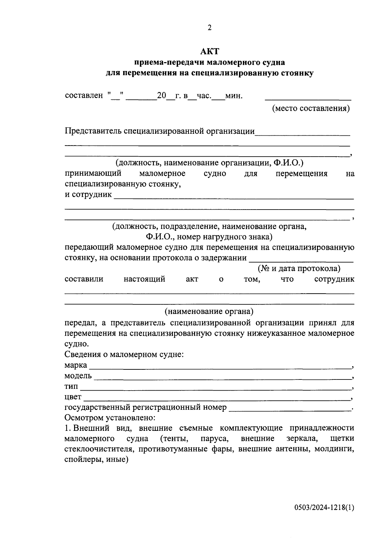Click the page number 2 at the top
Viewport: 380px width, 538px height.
209,28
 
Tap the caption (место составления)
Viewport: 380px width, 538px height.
311,108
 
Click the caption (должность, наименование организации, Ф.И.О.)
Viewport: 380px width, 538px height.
209,163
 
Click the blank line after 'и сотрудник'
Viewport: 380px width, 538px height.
234,198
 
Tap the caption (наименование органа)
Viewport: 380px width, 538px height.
209,311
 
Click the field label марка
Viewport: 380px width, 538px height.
76,365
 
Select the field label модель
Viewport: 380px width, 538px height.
78,376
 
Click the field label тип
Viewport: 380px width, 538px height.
71,386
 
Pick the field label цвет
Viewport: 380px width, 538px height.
73,397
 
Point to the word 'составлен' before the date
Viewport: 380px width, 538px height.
84,95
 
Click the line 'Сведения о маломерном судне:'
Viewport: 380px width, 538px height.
124,354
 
